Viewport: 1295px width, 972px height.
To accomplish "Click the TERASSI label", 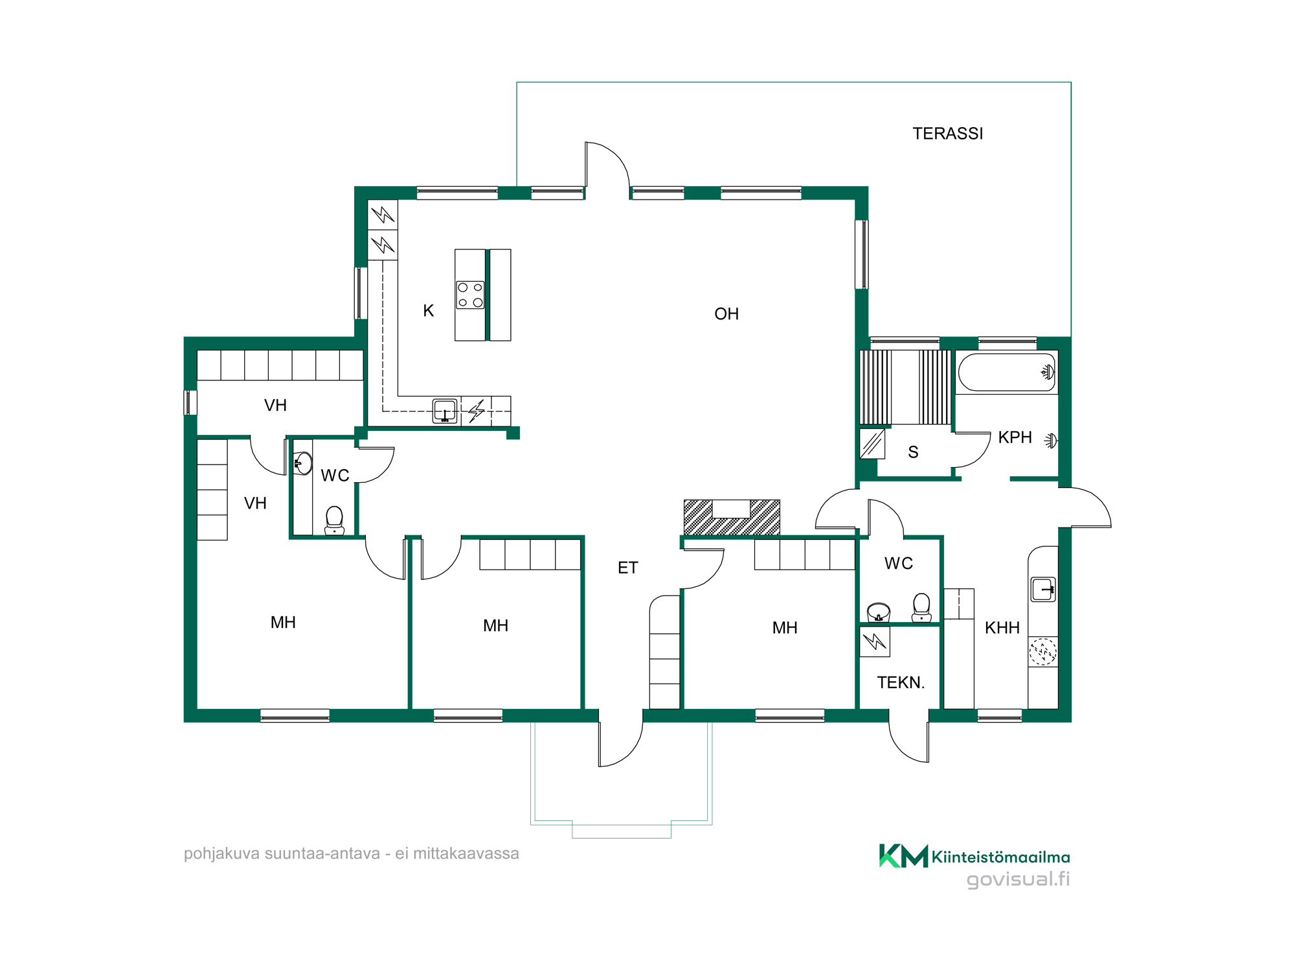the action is (947, 133).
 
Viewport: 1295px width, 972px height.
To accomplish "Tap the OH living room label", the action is (726, 314).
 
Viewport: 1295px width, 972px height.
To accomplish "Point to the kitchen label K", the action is (428, 311).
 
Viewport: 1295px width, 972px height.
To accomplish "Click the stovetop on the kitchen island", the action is (470, 295).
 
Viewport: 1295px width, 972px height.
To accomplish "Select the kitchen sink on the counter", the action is (445, 411).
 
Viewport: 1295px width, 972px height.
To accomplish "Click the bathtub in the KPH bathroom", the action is (1007, 372).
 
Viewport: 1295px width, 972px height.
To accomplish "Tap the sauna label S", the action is (913, 452).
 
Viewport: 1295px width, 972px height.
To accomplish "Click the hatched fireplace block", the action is (732, 517).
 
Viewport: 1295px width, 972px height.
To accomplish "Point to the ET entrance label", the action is (627, 568).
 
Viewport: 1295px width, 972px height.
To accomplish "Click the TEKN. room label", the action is (901, 682).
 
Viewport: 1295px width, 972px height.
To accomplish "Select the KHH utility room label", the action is (1002, 628).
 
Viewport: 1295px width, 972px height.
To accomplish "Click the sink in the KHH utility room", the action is (1043, 590).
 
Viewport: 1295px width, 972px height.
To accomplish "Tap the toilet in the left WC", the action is (334, 520).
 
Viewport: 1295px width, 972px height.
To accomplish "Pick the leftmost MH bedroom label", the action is (283, 623).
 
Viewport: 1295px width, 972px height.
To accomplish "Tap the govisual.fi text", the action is (1018, 879).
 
